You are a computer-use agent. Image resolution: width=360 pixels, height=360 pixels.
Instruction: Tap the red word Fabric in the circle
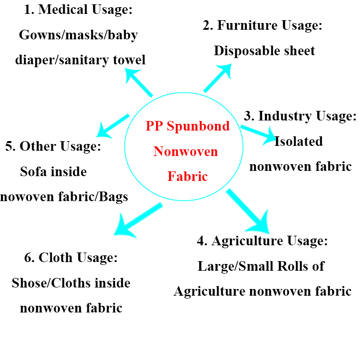[x=187, y=176]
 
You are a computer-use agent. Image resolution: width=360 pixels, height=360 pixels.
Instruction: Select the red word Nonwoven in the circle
[x=185, y=152]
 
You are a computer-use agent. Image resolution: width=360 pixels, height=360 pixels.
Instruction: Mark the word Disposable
[x=242, y=50]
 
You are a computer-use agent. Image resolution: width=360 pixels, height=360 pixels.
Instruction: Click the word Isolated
[x=298, y=141]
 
